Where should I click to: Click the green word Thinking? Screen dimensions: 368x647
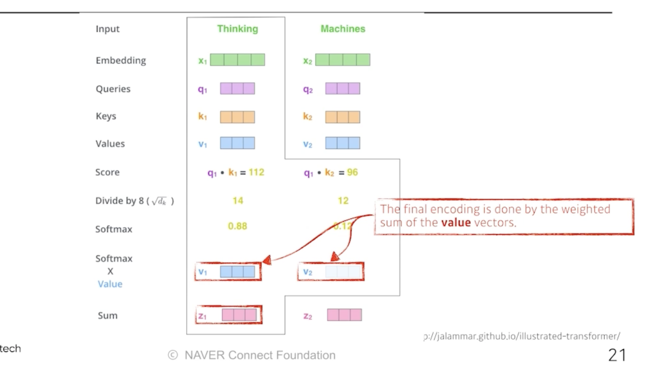(x=237, y=29)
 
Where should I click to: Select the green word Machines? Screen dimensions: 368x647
(x=343, y=29)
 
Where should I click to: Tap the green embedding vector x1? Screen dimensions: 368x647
(x=237, y=60)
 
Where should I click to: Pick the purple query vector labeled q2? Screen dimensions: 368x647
(x=343, y=89)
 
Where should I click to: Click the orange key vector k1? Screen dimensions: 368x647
(x=237, y=117)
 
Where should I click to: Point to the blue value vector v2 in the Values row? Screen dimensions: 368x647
(x=343, y=143)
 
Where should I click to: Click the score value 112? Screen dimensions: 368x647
(x=256, y=172)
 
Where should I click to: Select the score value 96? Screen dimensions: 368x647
(x=352, y=172)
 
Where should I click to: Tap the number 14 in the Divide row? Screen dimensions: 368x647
(x=238, y=201)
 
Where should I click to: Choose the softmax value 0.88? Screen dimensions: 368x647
(x=238, y=226)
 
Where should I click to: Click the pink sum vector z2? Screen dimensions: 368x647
(x=344, y=315)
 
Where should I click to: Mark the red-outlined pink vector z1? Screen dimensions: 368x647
(x=239, y=315)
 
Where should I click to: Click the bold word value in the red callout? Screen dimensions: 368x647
(x=456, y=223)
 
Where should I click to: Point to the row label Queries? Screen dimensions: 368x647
(x=113, y=89)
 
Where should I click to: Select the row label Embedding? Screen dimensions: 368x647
(x=121, y=61)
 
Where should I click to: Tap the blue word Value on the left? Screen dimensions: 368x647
(x=110, y=284)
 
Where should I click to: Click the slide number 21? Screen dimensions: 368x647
(x=617, y=354)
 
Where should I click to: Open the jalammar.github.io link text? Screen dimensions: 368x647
(x=522, y=336)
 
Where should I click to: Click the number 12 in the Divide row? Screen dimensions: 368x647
(x=343, y=201)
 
